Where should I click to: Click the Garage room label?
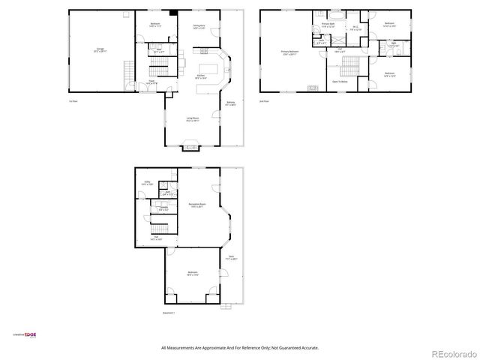(100, 49)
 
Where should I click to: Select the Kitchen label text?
(201, 76)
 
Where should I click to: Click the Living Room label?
(193, 118)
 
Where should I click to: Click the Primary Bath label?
(328, 25)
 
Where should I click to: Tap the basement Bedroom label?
(193, 273)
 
